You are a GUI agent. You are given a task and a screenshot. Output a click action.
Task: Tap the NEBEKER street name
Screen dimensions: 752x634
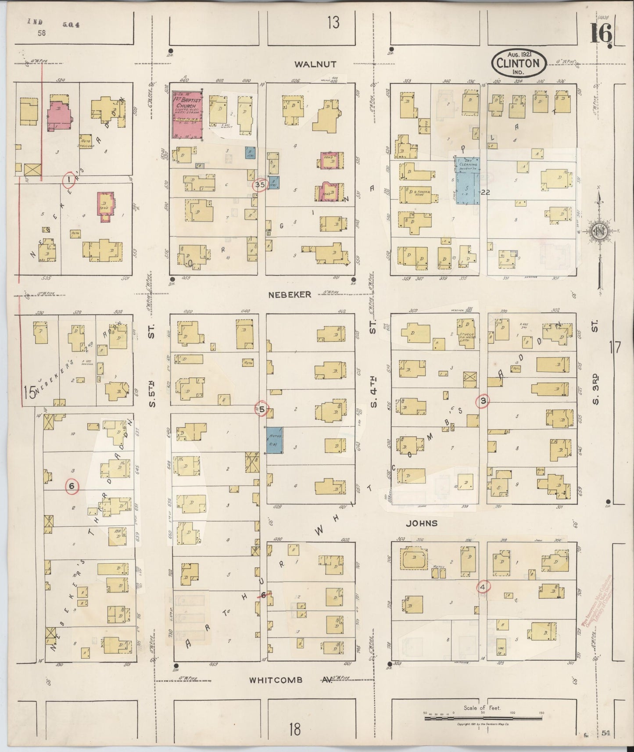pos(290,295)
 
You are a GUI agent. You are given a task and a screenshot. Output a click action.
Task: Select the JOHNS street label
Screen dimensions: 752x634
pos(422,523)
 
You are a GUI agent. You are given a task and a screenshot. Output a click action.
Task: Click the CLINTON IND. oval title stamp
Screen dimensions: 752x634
pos(518,63)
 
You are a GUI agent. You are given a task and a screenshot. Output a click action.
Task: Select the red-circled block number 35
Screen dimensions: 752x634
pos(260,185)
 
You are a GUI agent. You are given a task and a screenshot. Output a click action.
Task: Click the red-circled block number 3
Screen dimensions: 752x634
pos(483,400)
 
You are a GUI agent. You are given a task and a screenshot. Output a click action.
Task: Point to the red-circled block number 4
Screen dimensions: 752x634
pos(484,587)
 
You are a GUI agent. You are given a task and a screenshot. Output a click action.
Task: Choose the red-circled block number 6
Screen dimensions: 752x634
pos(72,486)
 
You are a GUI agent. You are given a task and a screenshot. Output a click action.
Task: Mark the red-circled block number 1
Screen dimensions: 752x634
pos(68,180)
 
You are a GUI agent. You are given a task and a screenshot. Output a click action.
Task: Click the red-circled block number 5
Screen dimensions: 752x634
pos(262,409)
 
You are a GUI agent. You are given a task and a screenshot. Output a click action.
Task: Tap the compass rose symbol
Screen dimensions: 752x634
pos(599,232)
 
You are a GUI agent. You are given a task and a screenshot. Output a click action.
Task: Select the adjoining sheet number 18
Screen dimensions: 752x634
pos(294,731)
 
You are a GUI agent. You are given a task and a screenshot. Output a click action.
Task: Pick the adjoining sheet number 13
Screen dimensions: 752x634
pos(333,22)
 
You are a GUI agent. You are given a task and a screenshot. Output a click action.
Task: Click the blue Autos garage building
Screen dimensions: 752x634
pos(275,440)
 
